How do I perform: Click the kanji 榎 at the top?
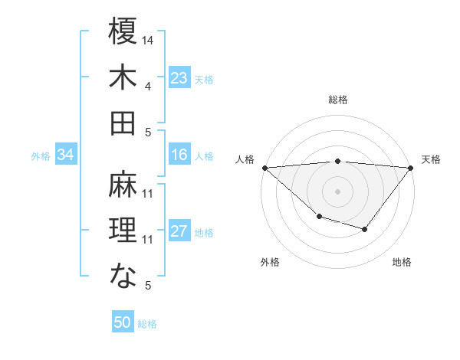point(123,34)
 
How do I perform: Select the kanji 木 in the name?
point(123,77)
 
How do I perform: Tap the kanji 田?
point(123,123)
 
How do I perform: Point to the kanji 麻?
point(123,185)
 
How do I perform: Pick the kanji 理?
point(123,231)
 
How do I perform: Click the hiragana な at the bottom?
point(123,277)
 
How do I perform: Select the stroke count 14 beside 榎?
point(148,39)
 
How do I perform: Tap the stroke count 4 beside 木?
point(148,86)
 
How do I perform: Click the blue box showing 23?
point(179,77)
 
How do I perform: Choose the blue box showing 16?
point(179,155)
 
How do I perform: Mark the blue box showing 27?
point(179,231)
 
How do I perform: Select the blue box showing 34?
point(66,155)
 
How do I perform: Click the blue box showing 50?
point(123,322)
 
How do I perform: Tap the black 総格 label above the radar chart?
point(337,100)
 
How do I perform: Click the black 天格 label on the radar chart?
point(431,159)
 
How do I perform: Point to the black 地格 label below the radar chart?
point(402,262)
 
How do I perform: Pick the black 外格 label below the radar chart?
point(270,262)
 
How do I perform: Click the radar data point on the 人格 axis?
point(264,167)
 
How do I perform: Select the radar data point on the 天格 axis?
point(410,167)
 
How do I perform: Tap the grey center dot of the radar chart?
point(337,191)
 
